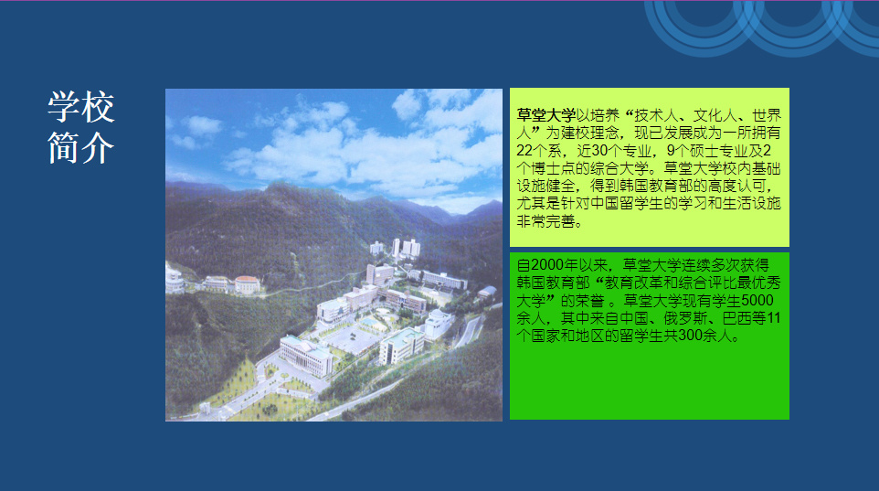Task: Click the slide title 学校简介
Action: (x=81, y=127)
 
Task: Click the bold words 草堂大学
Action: (x=546, y=115)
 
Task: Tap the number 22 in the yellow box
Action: (x=524, y=151)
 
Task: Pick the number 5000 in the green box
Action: (x=757, y=301)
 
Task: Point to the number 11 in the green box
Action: (x=774, y=319)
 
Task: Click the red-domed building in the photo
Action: (x=247, y=284)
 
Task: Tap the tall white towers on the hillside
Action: (x=406, y=248)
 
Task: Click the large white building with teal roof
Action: (x=306, y=355)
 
